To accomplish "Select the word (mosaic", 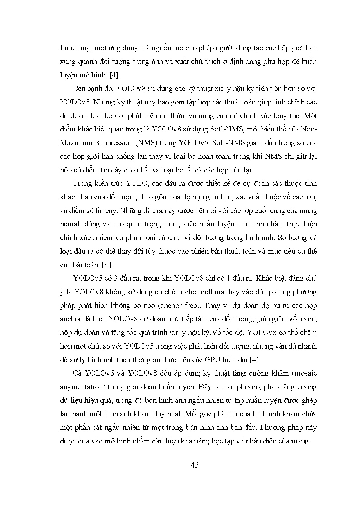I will pos(304,373).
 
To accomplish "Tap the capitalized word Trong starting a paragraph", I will pos(82,184).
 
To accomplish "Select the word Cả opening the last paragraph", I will pos(78,373).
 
